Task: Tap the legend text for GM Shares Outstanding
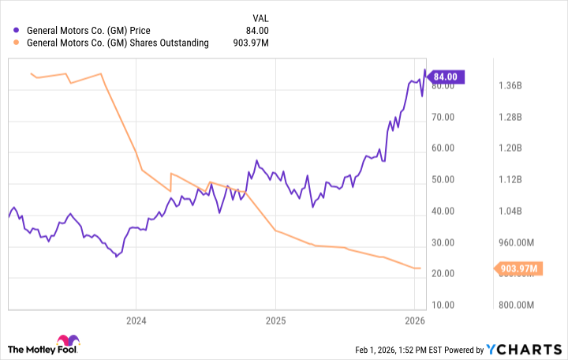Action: (118, 43)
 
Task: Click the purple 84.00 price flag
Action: (446, 77)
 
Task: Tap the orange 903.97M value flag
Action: (518, 269)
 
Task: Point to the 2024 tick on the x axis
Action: (136, 321)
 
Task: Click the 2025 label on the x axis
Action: (275, 321)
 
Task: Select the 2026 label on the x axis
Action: (415, 321)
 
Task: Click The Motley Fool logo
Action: (44, 347)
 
